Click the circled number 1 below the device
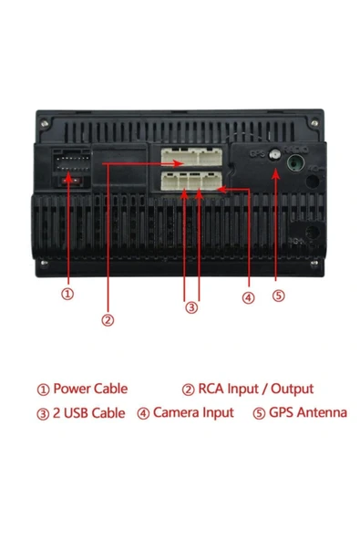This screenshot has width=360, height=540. pyautogui.click(x=67, y=294)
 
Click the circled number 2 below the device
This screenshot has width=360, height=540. pyautogui.click(x=108, y=320)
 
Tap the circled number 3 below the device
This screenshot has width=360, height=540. pyautogui.click(x=191, y=307)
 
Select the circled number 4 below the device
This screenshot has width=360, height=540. pyautogui.click(x=249, y=298)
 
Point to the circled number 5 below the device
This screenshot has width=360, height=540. pyautogui.click(x=279, y=296)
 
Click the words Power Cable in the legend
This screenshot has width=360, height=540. pyautogui.click(x=90, y=389)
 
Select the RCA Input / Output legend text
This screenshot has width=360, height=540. pyautogui.click(x=256, y=389)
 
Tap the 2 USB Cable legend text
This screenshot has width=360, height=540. pyautogui.click(x=88, y=413)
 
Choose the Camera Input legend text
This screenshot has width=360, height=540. pyautogui.click(x=193, y=412)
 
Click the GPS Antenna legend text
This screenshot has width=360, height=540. pyautogui.click(x=308, y=412)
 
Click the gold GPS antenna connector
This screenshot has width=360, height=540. pyautogui.click(x=275, y=155)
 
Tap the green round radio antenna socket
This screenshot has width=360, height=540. pyautogui.click(x=297, y=162)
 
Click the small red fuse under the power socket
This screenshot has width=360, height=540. pyautogui.click(x=71, y=181)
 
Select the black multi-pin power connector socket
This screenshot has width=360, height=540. pyautogui.click(x=73, y=161)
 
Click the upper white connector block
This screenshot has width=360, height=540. pyautogui.click(x=191, y=157)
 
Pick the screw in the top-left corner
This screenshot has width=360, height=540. pyautogui.click(x=44, y=123)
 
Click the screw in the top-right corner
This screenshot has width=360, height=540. pyautogui.click(x=314, y=122)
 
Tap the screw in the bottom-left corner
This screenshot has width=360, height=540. pyautogui.click(x=44, y=263)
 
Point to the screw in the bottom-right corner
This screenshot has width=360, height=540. pyautogui.click(x=314, y=264)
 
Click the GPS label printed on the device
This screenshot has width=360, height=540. pyautogui.click(x=258, y=154)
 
